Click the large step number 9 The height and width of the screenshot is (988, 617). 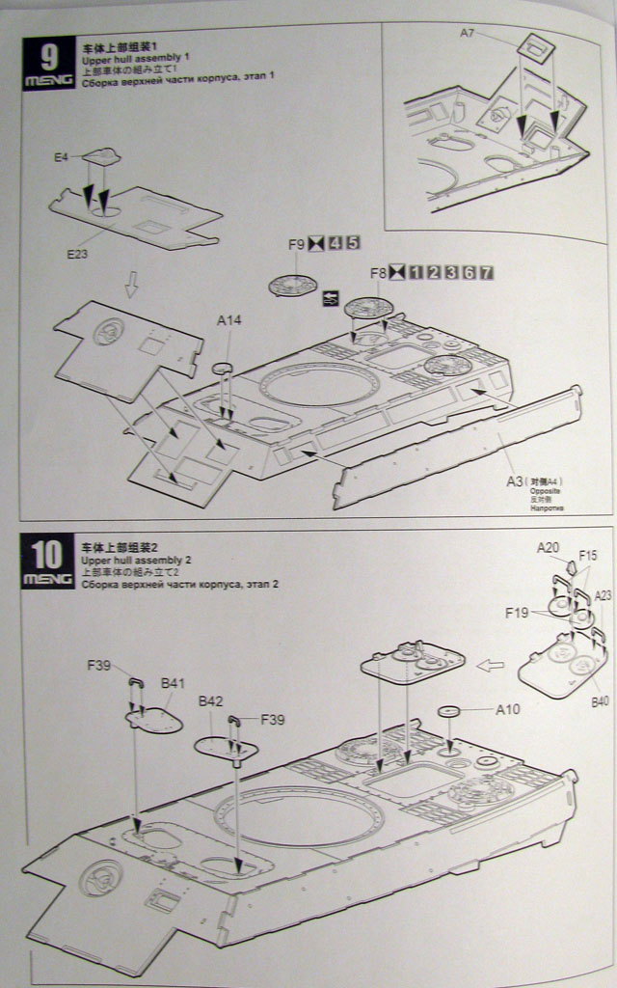click(x=47, y=55)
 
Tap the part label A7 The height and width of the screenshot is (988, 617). click(x=468, y=33)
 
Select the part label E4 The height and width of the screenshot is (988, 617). click(x=62, y=155)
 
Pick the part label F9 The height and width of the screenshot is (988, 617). click(x=297, y=244)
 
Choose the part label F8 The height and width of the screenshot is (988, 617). click(x=377, y=273)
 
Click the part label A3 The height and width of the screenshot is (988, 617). click(x=514, y=480)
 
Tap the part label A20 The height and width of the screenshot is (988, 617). click(x=549, y=548)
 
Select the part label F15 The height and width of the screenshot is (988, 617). click(x=589, y=556)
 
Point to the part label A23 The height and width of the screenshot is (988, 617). click(x=604, y=595)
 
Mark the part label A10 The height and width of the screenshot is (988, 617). click(x=508, y=710)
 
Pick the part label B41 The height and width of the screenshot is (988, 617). click(x=173, y=683)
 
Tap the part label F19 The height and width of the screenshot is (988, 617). click(x=517, y=612)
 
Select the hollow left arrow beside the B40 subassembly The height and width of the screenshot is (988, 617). click(x=492, y=664)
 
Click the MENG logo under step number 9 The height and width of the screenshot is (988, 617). click(x=47, y=80)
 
